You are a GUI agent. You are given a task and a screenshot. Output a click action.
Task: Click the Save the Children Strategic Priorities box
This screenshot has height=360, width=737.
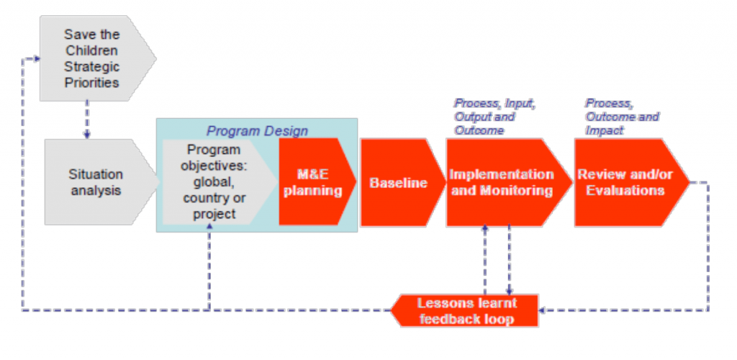tap(94, 58)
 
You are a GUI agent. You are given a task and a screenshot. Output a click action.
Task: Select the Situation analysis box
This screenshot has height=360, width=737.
tap(96, 182)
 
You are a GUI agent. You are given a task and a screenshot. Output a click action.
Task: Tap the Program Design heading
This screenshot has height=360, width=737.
tap(257, 130)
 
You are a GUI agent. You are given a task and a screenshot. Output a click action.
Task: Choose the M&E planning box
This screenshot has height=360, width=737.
tap(314, 182)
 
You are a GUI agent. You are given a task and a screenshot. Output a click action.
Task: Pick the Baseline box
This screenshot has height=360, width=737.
tap(399, 182)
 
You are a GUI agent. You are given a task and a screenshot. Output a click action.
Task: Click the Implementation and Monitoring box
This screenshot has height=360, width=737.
tap(505, 182)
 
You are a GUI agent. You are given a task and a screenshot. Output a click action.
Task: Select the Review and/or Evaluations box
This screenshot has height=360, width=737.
tap(628, 182)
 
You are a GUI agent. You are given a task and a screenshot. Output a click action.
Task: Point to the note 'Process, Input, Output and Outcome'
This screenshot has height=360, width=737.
tap(494, 117)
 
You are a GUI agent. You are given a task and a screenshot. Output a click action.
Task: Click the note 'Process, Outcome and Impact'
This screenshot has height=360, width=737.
tap(621, 117)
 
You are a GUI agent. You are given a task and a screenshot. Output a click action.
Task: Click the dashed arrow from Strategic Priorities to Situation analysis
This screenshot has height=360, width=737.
tap(87, 120)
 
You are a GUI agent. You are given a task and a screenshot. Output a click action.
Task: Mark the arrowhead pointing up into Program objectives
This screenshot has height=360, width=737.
tap(209, 226)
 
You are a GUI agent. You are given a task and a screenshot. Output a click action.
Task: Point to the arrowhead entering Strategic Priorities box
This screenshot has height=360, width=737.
tap(36, 58)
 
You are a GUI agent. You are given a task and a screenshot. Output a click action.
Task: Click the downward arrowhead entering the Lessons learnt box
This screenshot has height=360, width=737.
tap(509, 292)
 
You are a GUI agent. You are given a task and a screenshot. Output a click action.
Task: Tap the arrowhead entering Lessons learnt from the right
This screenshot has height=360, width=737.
tap(542, 310)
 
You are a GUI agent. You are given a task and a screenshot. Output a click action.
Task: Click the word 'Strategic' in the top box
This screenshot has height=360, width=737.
tap(91, 66)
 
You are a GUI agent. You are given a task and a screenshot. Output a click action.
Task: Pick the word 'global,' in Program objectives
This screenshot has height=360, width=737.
tap(214, 182)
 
